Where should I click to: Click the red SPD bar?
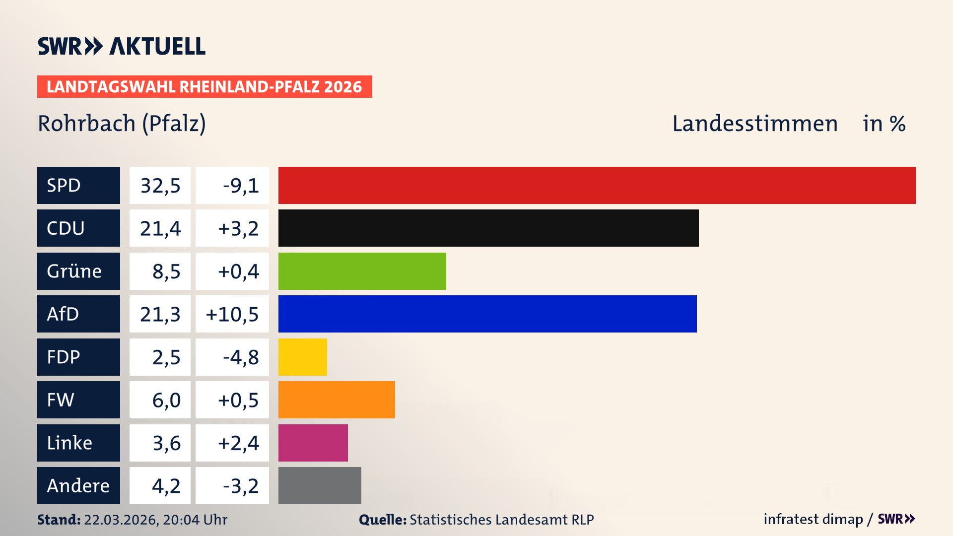coord(597,185)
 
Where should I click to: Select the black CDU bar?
coord(488,228)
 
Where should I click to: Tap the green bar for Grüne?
coord(362,271)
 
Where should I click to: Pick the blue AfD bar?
coord(487,314)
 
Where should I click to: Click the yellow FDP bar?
coord(302,357)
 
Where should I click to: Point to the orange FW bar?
coord(337,400)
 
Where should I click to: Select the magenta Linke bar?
coord(313,443)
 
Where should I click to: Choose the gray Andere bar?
coord(320,485)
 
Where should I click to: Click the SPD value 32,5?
coord(160,186)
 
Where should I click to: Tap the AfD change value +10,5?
coord(232,314)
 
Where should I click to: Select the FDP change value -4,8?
coord(240,357)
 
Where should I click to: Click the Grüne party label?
coord(74,271)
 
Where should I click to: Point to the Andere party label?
coord(78,485)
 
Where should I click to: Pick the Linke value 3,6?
coord(166,443)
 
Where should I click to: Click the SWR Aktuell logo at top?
coord(121,46)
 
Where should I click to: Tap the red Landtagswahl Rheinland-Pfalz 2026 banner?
coord(204,87)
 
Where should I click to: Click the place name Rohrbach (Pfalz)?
coord(122,124)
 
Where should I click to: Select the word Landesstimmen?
coord(754,124)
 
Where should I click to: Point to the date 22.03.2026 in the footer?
coord(121,520)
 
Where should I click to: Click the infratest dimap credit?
coord(813,519)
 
